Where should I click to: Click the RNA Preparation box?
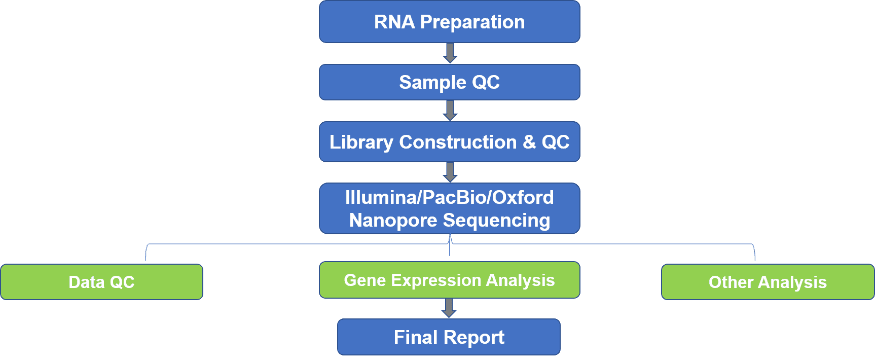pyautogui.click(x=450, y=22)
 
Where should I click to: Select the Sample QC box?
pyautogui.click(x=450, y=82)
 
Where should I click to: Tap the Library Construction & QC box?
pyautogui.click(x=450, y=142)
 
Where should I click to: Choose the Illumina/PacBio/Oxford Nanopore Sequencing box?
pyautogui.click(x=450, y=208)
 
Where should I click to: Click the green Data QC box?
pyautogui.click(x=102, y=282)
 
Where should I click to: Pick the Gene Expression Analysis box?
pyautogui.click(x=450, y=280)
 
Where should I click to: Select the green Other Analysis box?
pyautogui.click(x=768, y=282)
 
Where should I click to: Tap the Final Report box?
pyautogui.click(x=449, y=337)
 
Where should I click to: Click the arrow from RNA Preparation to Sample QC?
pyautogui.click(x=450, y=53)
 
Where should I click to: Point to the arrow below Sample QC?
pyautogui.click(x=450, y=111)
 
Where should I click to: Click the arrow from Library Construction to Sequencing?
pyautogui.click(x=450, y=172)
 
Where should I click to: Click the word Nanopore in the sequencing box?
pyautogui.click(x=393, y=221)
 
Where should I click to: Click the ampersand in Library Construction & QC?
pyautogui.click(x=529, y=142)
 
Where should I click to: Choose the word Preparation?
pyautogui.click(x=472, y=22)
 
